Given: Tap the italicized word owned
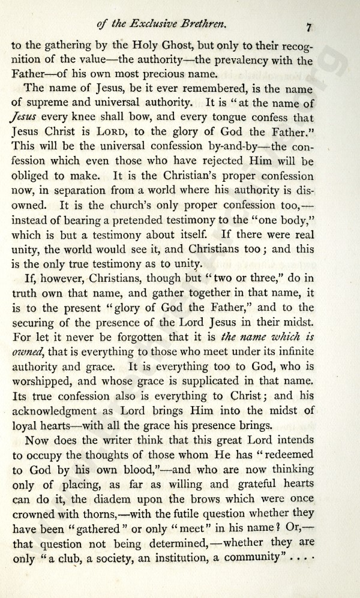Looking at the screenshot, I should (x=26, y=352).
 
